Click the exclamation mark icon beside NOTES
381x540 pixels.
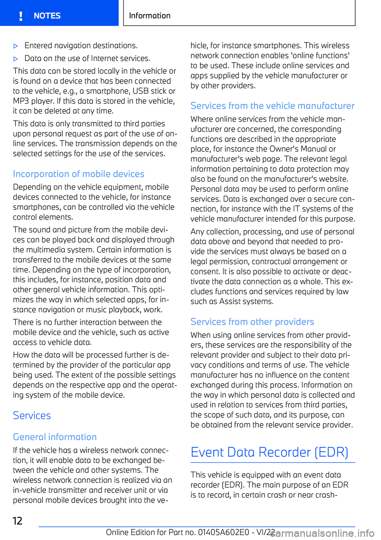click(x=21, y=16)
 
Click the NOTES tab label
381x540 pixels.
click(x=47, y=16)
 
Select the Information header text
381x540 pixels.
click(x=150, y=16)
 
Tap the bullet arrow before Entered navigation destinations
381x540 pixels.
click(x=16, y=46)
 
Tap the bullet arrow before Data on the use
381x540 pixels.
click(x=16, y=59)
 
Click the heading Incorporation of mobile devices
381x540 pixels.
click(x=79, y=174)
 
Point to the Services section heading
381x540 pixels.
click(x=32, y=416)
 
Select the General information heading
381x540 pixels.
click(x=55, y=437)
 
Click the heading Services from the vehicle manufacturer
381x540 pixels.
click(x=272, y=106)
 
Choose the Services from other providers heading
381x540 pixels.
click(x=252, y=322)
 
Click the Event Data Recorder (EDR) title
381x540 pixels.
click(x=269, y=452)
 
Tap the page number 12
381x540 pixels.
click(x=17, y=521)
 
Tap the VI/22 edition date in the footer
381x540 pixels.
click(x=266, y=532)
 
